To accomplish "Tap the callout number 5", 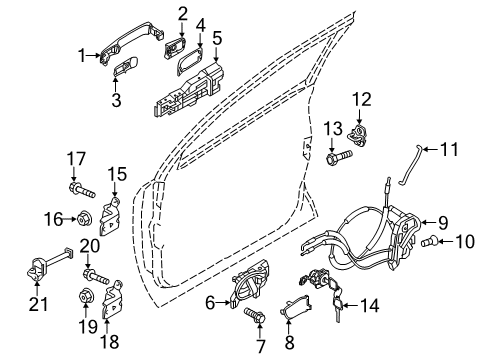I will point(217,41).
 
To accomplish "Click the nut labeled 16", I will point(83,218).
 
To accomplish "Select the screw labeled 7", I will point(254,316).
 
